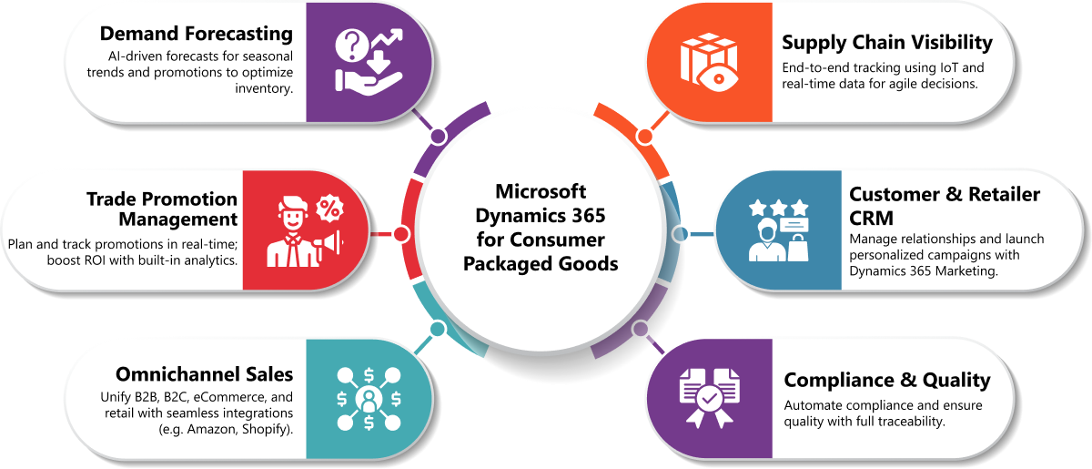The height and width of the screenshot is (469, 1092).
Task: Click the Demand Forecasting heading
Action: [197, 34]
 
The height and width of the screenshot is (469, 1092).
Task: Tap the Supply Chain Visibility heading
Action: [887, 43]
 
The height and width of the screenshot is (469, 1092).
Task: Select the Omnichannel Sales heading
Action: [204, 374]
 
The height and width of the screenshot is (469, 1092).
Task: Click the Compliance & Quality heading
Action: [887, 380]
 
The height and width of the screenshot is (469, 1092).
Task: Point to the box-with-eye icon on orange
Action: [709, 62]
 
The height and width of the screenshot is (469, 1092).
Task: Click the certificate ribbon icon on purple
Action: [710, 398]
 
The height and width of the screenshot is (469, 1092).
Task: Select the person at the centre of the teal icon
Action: [369, 399]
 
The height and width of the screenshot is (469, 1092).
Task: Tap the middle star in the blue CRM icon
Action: [779, 208]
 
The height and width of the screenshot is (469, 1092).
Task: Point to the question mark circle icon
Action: [352, 46]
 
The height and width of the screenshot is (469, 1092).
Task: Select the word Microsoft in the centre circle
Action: [541, 191]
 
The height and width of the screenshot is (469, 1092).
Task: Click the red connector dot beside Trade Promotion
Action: [401, 234]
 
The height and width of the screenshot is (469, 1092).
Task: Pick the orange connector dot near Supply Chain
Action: [644, 138]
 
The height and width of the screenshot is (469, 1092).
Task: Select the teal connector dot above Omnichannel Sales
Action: [438, 329]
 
